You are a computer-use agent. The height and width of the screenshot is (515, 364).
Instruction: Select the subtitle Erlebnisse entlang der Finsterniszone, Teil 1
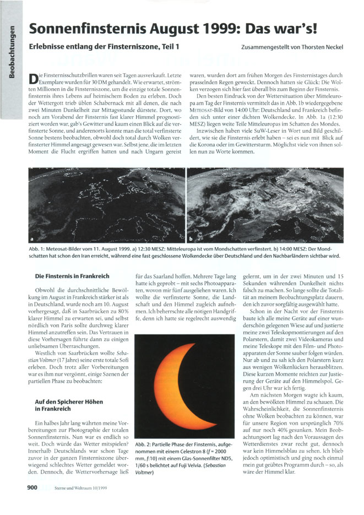click(104, 48)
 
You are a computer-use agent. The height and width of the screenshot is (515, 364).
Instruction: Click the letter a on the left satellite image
click(32, 239)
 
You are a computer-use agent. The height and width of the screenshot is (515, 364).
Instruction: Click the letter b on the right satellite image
click(192, 239)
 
